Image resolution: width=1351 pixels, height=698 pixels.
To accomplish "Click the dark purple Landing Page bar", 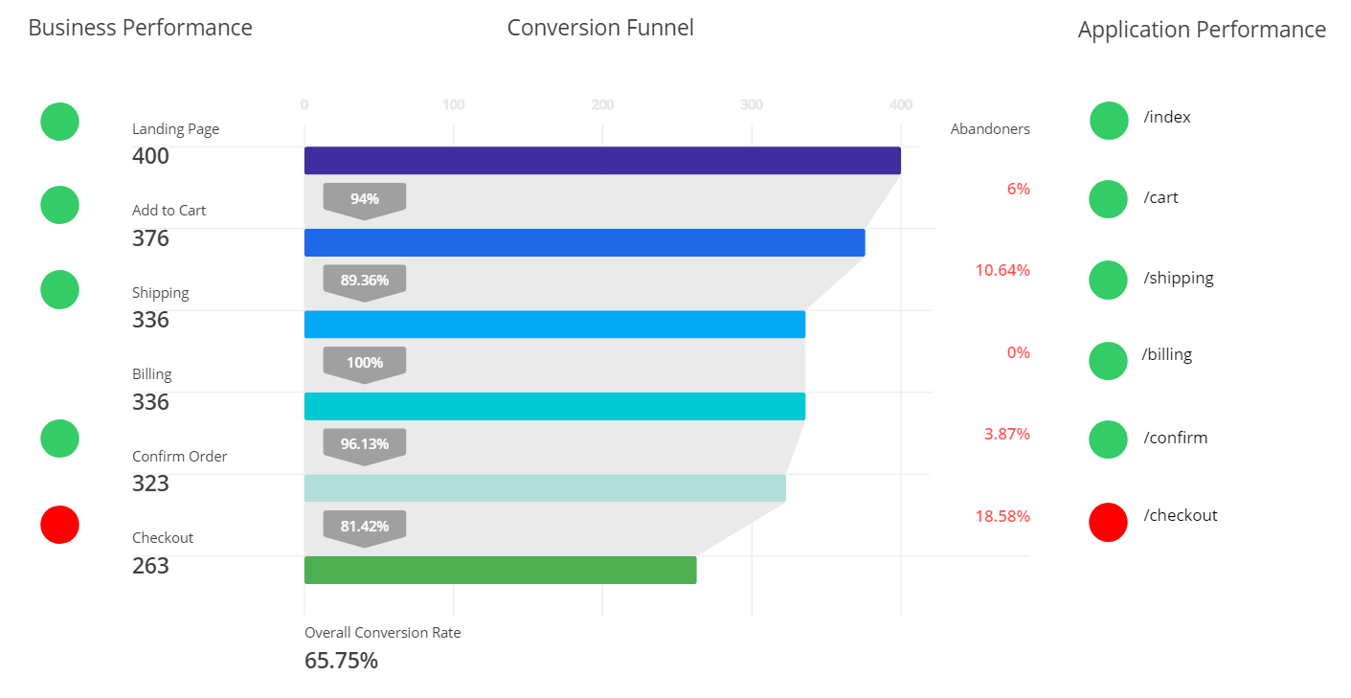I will click(x=602, y=161).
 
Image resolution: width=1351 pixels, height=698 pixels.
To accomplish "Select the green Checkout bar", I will click(x=500, y=570).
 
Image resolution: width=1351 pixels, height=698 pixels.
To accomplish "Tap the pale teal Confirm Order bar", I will click(x=545, y=488).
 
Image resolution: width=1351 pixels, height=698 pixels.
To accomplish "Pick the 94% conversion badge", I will click(x=365, y=199).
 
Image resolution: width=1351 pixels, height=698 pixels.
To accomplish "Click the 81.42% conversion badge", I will click(x=365, y=527).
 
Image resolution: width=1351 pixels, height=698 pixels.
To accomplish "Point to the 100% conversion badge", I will click(x=365, y=363).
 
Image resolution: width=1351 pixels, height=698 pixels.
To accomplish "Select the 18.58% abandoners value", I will click(x=1002, y=516).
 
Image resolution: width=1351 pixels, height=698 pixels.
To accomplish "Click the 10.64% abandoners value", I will click(x=1002, y=270).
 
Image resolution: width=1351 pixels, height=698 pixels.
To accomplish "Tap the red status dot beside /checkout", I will click(x=1109, y=522).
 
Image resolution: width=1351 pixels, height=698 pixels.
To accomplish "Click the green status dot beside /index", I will click(x=1109, y=121).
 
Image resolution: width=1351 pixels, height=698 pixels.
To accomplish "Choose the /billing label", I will click(x=1167, y=354).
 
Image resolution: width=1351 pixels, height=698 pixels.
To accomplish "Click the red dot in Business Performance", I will click(x=59, y=525).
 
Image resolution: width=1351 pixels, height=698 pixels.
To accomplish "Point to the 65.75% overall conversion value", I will click(x=341, y=661).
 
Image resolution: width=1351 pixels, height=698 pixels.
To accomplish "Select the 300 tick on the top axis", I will click(x=752, y=104).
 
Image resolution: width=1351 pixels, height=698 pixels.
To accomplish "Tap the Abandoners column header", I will click(x=990, y=129).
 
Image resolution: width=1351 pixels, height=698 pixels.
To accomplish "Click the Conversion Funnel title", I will click(x=600, y=28).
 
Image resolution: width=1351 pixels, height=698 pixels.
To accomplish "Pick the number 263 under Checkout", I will click(x=150, y=566).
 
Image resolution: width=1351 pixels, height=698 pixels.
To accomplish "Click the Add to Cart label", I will click(x=169, y=211).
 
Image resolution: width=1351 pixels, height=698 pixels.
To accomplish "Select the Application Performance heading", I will click(x=1202, y=30).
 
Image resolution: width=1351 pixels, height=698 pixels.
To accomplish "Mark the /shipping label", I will click(x=1179, y=278).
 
